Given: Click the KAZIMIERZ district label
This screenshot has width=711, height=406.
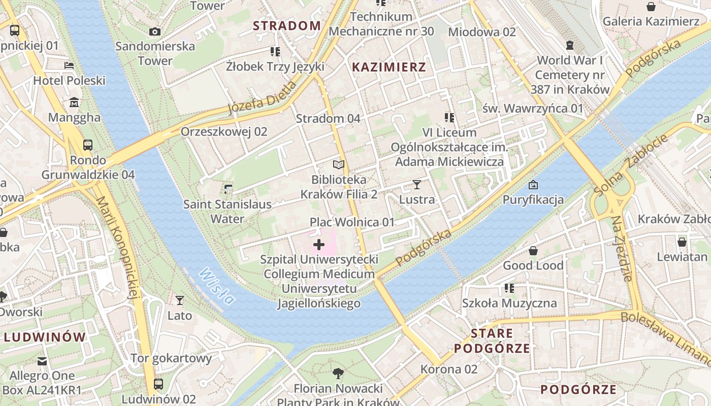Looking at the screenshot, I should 389,67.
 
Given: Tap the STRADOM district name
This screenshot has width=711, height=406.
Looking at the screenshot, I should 287,25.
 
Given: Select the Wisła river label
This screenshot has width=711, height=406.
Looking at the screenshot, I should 217,287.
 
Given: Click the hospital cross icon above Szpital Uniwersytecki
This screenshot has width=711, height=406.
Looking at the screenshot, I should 319,245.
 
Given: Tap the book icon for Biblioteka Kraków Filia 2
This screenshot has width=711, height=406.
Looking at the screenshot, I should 339,164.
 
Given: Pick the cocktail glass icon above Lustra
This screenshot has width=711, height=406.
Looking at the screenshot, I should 417,185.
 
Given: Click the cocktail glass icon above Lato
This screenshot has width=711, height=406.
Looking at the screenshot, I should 179,300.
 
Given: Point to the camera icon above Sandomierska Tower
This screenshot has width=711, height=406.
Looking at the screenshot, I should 155,31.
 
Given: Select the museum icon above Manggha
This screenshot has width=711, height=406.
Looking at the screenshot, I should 74,103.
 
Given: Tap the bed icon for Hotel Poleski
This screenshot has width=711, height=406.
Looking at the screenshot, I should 69,65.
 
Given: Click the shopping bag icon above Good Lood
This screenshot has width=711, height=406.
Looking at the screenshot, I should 533,251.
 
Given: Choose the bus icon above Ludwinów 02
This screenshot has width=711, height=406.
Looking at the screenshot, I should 158,384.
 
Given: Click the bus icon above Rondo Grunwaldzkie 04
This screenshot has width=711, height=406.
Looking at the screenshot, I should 88,145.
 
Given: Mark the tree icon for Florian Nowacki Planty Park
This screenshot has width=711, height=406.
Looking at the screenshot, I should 338,374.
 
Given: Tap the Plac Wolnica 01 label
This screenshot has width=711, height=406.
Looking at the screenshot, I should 352,222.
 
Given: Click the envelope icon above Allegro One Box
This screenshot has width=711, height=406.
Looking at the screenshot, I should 42,361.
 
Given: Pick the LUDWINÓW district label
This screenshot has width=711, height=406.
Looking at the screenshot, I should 45,337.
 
